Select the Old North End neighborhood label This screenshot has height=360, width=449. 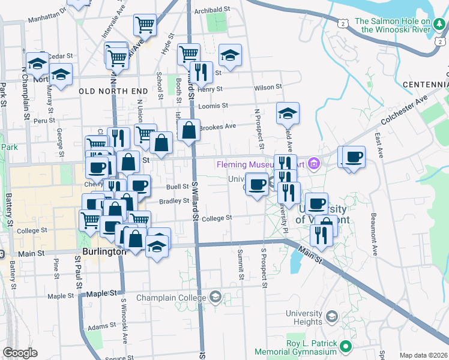(113, 91)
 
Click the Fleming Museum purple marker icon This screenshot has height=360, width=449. (313, 163)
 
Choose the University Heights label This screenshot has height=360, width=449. (304, 317)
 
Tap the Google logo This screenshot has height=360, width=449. (20, 353)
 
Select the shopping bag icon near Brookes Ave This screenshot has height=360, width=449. (188, 130)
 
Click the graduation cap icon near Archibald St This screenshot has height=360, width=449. (229, 56)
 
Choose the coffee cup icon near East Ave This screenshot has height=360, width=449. (354, 157)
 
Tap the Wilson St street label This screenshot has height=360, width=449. (268, 88)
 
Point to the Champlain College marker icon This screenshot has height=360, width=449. (215, 298)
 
